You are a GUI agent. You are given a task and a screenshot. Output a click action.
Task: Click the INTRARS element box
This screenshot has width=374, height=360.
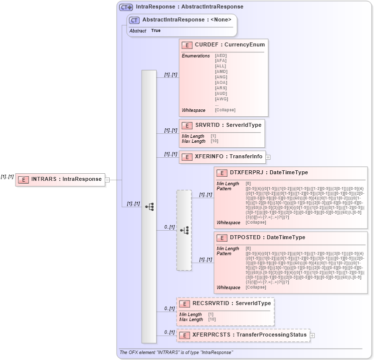tap(60, 179)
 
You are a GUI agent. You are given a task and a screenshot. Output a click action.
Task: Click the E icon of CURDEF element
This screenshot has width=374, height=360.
tap(187, 45)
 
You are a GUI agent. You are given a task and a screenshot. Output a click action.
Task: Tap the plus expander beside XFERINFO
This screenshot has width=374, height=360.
tap(268, 157)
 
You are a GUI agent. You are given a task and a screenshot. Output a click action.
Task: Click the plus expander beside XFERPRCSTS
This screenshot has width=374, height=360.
tap(313, 335)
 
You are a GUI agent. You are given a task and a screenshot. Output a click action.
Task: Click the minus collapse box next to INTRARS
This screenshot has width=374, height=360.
tap(107, 180)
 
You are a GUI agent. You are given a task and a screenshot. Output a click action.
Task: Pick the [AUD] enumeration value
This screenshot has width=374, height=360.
tap(221, 93)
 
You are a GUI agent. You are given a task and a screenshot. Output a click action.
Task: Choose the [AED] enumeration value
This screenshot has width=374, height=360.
tap(221, 55)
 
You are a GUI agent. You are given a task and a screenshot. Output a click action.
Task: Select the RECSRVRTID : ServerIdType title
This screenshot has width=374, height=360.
tap(231, 303)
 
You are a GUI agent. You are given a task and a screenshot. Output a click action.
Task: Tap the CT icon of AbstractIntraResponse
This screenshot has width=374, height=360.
tap(134, 20)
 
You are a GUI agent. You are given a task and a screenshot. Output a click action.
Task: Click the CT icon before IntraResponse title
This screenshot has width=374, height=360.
tap(126, 7)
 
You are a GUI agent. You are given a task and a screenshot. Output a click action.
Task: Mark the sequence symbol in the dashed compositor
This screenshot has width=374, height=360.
tap(184, 230)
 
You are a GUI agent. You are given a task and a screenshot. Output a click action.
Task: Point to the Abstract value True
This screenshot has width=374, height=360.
tap(156, 31)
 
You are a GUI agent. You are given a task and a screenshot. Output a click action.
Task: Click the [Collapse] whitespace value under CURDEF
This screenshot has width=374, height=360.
tap(225, 110)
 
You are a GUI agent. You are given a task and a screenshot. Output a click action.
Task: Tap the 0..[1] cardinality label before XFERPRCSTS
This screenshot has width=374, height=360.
tap(170, 332)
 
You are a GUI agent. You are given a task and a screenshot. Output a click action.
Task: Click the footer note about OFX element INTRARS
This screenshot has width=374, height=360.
tap(176, 353)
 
